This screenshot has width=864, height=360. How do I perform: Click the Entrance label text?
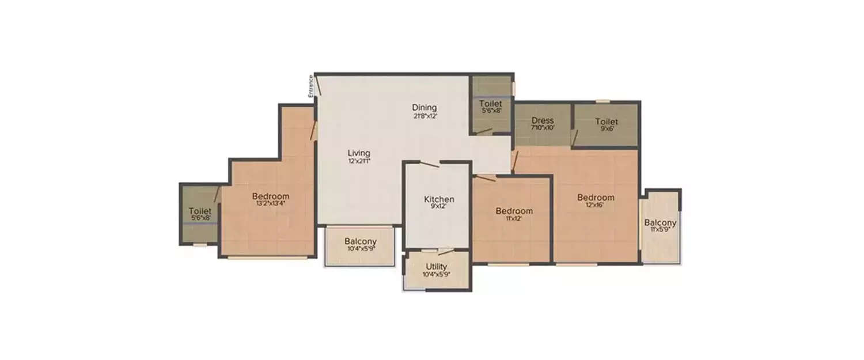tap(310, 86)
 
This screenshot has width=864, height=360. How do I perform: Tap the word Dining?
tap(424, 107)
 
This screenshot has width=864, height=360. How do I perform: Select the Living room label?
tap(358, 153)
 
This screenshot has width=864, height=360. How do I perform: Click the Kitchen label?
tap(439, 199)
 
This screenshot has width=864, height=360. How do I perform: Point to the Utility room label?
tap(436, 267)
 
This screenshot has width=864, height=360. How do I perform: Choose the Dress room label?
tap(542, 120)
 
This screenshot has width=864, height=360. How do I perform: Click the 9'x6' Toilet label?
tap(607, 122)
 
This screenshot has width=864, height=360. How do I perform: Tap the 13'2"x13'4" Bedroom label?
tap(271, 196)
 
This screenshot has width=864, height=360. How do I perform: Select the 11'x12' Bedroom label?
tap(514, 211)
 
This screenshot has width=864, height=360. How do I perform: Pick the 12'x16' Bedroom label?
tap(596, 198)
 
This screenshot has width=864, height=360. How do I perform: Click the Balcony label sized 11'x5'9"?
tap(660, 223)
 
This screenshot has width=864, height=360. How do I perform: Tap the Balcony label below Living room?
tap(361, 241)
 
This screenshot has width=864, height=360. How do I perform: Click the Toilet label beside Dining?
tap(491, 104)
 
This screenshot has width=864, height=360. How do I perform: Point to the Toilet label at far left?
tap(200, 211)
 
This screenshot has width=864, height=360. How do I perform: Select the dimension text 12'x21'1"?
tap(358, 161)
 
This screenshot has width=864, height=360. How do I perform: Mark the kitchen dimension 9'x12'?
tap(439, 207)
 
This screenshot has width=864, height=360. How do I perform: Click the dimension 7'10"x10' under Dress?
tap(542, 128)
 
